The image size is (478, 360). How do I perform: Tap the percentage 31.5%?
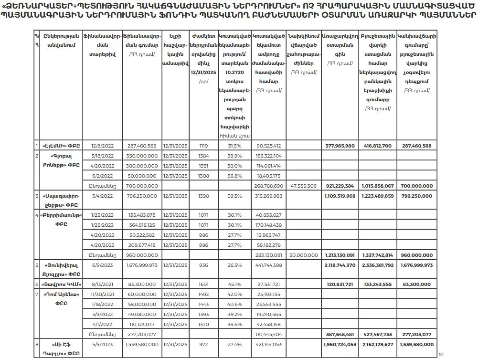pyautogui.click(x=233, y=146)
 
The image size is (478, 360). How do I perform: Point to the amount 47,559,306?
pyautogui.click(x=303, y=186)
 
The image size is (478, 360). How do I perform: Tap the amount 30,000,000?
pyautogui.click(x=303, y=255)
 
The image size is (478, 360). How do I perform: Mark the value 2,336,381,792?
pyautogui.click(x=377, y=265)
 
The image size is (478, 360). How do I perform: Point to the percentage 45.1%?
pyautogui.click(x=233, y=285)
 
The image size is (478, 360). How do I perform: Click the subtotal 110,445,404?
pyautogui.click(x=268, y=334)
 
